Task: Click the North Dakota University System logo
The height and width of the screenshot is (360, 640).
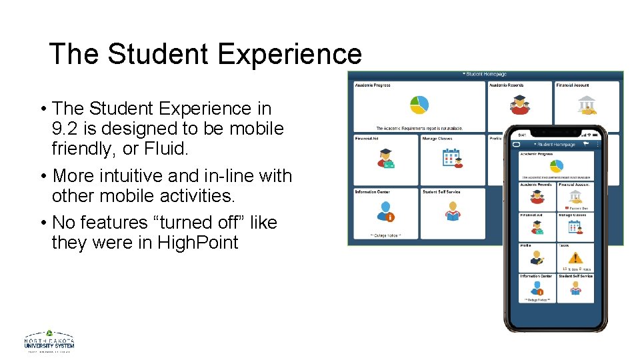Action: tap(49, 341)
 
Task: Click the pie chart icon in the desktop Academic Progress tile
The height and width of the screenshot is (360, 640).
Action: tap(419, 105)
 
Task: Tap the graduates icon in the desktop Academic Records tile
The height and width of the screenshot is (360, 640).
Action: tap(519, 104)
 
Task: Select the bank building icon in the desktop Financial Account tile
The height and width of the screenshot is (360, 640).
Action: tap(587, 105)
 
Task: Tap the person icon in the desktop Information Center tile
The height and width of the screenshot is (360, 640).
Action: tap(385, 211)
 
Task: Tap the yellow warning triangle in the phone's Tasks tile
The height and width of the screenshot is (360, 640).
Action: tap(575, 257)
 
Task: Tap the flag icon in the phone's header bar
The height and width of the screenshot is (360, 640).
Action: tap(586, 143)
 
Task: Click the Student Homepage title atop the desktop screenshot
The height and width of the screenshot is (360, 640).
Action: tap(485, 74)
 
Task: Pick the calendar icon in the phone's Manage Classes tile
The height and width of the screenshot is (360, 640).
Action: tap(575, 227)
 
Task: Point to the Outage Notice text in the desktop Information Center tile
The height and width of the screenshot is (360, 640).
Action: tap(385, 235)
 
